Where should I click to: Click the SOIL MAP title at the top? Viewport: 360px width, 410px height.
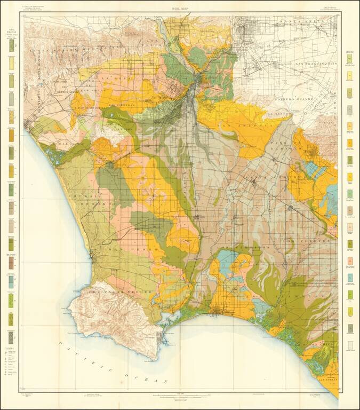point(180,9)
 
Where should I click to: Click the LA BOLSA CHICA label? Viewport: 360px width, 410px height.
point(319,352)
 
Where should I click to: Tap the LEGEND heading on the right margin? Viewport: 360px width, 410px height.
point(350,52)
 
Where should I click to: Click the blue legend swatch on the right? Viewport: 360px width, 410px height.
point(350,278)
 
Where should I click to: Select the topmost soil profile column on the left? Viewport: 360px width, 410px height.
point(11,46)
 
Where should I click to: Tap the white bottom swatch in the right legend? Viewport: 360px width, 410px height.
point(350,345)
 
